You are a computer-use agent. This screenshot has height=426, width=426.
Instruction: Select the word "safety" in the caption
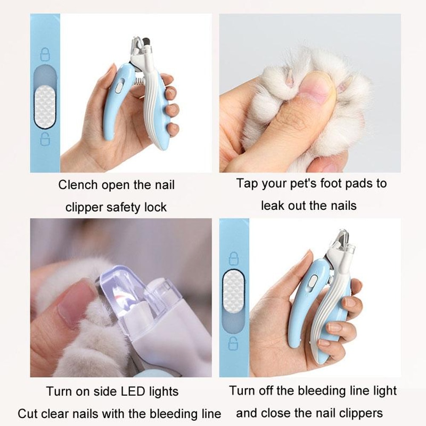pos(123,207)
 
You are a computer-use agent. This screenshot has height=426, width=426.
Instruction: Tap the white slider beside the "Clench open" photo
pos(45,106)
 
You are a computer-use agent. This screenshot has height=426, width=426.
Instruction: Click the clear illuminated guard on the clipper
pos(124,290)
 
